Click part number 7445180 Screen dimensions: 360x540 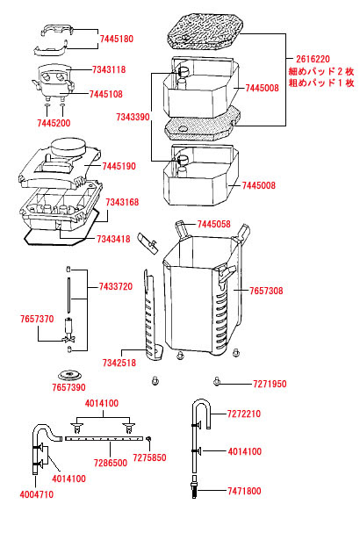click(117, 39)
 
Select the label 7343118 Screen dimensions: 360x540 click(109, 69)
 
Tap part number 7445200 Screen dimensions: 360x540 click(54, 123)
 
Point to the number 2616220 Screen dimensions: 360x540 click(313, 59)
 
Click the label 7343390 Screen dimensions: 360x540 click(133, 117)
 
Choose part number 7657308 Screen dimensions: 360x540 click(266, 291)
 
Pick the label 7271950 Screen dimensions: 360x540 click(270, 384)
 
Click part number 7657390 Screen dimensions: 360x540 click(68, 387)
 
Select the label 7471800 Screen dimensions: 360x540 click(244, 491)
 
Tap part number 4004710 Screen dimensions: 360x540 click(37, 494)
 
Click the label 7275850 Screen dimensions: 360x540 click(149, 457)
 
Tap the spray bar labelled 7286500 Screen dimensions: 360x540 click(104, 438)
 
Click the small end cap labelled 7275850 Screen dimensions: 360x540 click(149, 438)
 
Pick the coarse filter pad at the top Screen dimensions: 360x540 click(205, 31)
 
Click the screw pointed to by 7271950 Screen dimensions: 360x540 click(217, 381)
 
